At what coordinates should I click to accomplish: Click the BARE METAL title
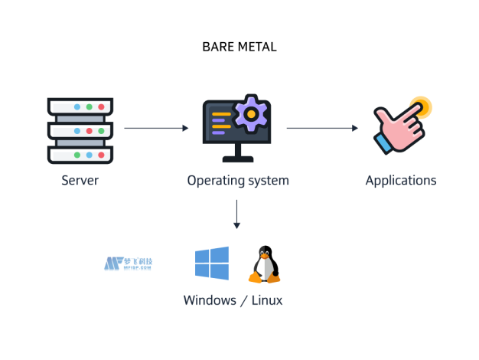(x=239, y=47)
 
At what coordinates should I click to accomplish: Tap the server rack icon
(x=80, y=129)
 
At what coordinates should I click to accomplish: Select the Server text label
(x=80, y=181)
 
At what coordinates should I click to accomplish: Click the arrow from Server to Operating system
(x=156, y=129)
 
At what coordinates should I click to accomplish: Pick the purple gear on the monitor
(x=249, y=113)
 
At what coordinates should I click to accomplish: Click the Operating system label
(x=238, y=181)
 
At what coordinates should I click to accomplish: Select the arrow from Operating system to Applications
(x=322, y=129)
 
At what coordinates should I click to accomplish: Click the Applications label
(x=401, y=181)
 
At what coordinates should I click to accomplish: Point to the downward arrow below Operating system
(x=237, y=214)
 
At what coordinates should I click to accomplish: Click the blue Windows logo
(x=212, y=263)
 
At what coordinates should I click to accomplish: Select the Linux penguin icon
(x=264, y=265)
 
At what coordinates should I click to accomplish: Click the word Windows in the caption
(x=209, y=300)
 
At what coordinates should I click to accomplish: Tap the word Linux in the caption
(x=266, y=300)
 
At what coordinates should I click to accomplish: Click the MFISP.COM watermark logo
(x=129, y=264)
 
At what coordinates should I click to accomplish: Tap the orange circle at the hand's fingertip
(x=419, y=106)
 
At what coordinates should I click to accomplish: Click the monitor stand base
(x=238, y=159)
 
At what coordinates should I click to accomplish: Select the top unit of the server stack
(x=80, y=106)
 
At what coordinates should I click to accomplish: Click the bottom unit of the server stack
(x=80, y=154)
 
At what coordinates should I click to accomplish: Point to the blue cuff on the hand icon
(x=383, y=142)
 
